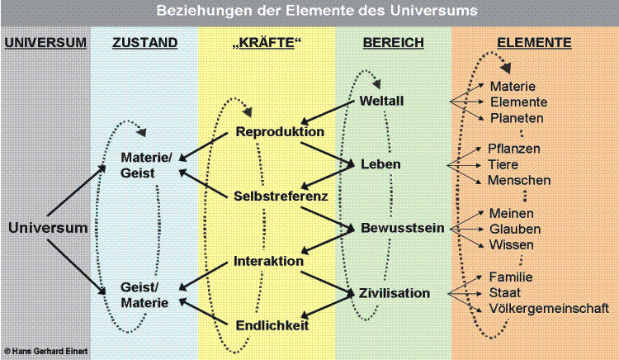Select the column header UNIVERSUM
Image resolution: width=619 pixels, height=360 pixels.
pyautogui.click(x=45, y=43)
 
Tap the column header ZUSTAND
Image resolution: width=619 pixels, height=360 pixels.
pyautogui.click(x=144, y=43)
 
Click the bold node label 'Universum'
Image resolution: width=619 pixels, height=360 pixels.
pyautogui.click(x=48, y=228)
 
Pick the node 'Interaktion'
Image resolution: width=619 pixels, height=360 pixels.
pyautogui.click(x=268, y=260)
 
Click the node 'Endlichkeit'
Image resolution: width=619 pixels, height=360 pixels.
pyautogui.click(x=272, y=325)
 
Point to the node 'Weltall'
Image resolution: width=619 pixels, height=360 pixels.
pyautogui.click(x=382, y=101)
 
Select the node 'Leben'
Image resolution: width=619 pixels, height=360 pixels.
pyautogui.click(x=380, y=164)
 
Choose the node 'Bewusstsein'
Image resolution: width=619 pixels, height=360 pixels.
pyautogui.click(x=403, y=227)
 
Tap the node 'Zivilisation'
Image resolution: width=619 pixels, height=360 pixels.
pyautogui.click(x=395, y=292)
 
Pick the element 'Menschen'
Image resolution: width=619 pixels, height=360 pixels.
pyautogui.click(x=519, y=180)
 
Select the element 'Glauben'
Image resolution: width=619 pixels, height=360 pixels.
pyautogui.click(x=515, y=228)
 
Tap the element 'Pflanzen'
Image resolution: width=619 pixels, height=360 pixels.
pyautogui.click(x=514, y=149)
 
